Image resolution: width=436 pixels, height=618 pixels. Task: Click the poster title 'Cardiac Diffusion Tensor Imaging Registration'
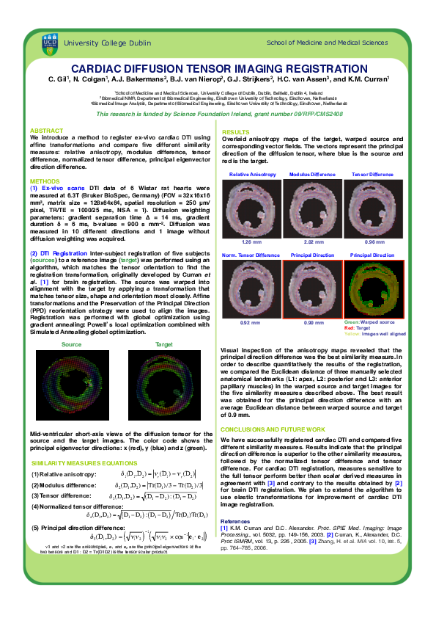pyautogui.click(x=218, y=68)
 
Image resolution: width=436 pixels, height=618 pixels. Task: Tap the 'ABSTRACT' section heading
pyautogui.click(x=45, y=130)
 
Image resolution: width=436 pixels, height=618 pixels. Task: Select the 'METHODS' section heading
pyautogui.click(x=45, y=180)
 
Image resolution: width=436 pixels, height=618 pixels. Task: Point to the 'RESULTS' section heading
pyautogui.click(x=236, y=131)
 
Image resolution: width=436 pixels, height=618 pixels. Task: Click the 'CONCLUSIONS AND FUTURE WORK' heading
pyautogui.click(x=273, y=429)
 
